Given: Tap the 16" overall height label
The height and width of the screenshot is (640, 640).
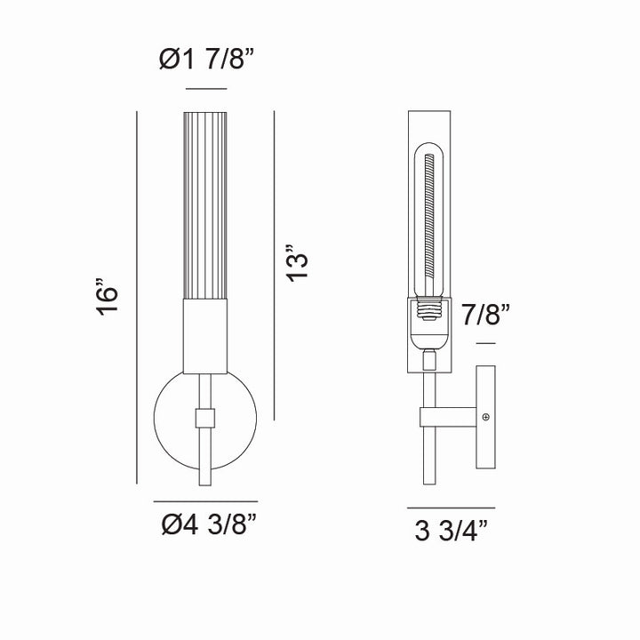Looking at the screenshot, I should (x=108, y=300).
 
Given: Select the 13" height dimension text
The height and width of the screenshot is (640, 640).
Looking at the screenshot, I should (x=300, y=263).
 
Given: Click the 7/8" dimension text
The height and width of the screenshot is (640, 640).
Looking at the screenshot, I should (x=485, y=315).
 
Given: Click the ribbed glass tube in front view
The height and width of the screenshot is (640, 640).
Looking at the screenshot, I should (x=205, y=204).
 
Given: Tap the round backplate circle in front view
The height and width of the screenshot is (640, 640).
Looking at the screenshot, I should (x=169, y=418).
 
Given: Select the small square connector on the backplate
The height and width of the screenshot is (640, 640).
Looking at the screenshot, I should (x=205, y=418).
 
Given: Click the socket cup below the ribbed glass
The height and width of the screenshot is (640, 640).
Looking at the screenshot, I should (x=205, y=336).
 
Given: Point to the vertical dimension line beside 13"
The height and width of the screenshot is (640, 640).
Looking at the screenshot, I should (x=275, y=263).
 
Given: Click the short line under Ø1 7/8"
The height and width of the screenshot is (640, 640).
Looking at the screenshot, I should (x=205, y=90).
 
